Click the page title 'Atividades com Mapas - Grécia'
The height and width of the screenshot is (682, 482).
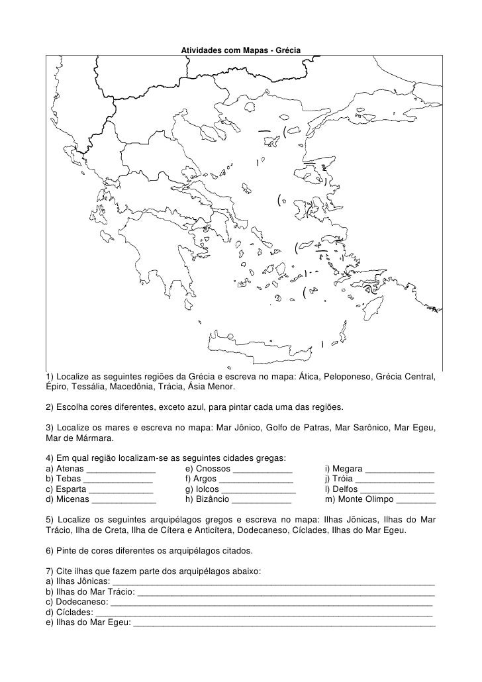[241, 51]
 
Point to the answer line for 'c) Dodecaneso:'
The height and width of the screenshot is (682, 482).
[271, 604]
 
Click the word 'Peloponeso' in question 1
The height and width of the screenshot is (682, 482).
[349, 377]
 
